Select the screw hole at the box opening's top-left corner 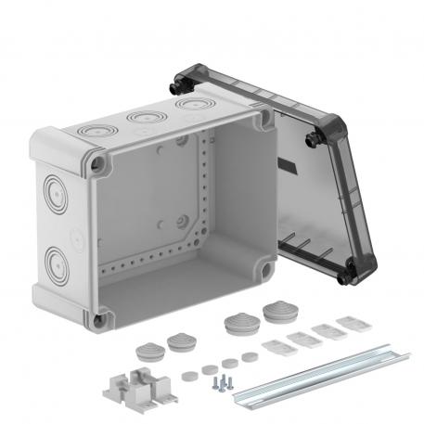click(x=97, y=164)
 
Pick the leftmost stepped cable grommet click(x=146, y=351)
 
